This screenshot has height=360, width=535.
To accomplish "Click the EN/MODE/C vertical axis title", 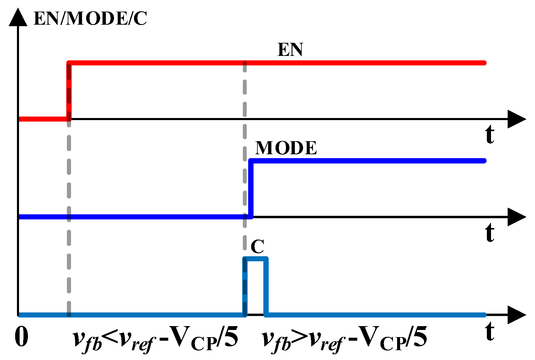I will point(90,18).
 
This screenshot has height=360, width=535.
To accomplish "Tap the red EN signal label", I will point(290,49).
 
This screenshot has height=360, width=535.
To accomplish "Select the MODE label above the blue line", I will point(286,148).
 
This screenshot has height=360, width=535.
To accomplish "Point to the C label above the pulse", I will point(257,246).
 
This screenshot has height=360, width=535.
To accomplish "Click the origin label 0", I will point(21,337).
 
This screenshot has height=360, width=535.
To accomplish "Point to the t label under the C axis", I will point(490,331).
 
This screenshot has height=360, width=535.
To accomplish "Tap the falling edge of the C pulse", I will point(266,287).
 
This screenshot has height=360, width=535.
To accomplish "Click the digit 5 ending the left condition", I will point(231,337).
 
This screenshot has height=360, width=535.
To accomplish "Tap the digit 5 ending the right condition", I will point(420,337).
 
